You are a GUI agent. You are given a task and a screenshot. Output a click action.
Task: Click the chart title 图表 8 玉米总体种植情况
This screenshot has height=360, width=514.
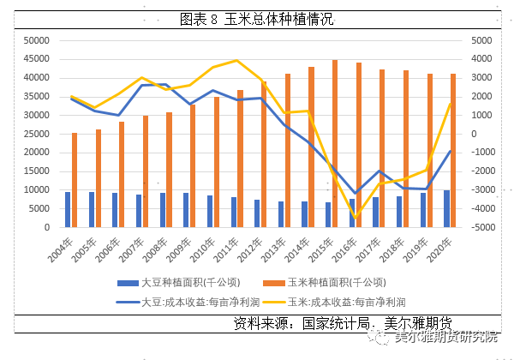(x=256, y=18)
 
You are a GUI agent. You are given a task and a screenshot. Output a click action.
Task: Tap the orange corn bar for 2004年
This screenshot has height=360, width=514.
(x=75, y=180)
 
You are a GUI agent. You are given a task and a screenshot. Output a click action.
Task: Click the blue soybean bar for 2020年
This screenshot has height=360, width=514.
(x=446, y=209)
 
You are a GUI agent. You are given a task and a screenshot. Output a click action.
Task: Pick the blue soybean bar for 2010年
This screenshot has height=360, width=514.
(x=210, y=212)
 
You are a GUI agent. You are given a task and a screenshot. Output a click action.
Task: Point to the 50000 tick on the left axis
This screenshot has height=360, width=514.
(x=36, y=40)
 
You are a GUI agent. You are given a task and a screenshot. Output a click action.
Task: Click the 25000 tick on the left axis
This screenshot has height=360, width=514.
(x=36, y=134)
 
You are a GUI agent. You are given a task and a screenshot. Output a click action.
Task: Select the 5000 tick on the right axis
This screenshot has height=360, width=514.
(x=479, y=40)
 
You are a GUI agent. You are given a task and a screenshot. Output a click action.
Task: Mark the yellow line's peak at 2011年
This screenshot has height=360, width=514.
(x=237, y=60)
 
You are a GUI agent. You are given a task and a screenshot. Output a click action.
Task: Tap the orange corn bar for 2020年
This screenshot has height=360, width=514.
(x=453, y=151)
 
